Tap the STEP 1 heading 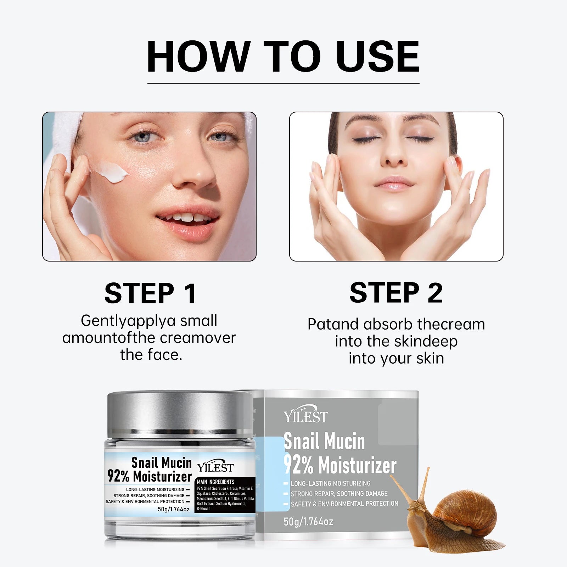point(150,293)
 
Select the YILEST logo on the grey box point(305,416)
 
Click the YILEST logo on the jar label point(215,467)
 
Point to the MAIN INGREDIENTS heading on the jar point(215,482)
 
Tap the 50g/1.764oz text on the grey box point(308,521)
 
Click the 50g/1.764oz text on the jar point(173,509)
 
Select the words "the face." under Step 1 point(151,355)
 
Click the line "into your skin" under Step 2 point(396,358)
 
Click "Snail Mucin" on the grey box point(324,442)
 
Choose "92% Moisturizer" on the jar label point(150,477)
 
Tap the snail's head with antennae point(413,503)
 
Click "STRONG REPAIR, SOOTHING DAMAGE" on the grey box point(339,494)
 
